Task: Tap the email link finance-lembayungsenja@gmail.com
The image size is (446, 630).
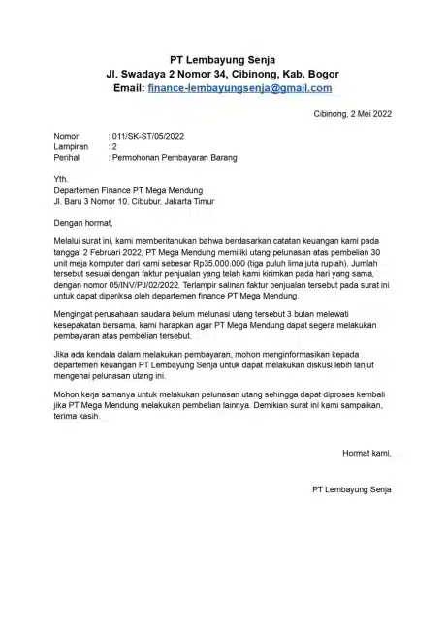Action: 239,87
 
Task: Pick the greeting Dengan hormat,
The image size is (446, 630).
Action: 86,224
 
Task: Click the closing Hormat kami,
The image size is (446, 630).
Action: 366,452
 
